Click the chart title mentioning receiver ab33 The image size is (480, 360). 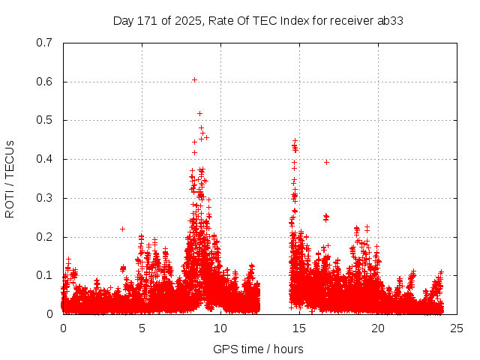(x=258, y=20)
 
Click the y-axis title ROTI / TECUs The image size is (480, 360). (x=10, y=178)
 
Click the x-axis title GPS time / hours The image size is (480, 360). (x=258, y=349)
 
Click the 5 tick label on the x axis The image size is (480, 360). (x=142, y=328)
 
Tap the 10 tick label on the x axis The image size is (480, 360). (x=220, y=328)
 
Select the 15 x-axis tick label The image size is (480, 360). (x=299, y=328)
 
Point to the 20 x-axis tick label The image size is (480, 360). (x=378, y=328)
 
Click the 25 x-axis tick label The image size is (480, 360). (x=457, y=328)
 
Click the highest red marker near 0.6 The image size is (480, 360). (x=194, y=79)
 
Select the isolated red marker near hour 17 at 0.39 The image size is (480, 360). (x=326, y=162)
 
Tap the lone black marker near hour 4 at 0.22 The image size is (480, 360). (x=122, y=229)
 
